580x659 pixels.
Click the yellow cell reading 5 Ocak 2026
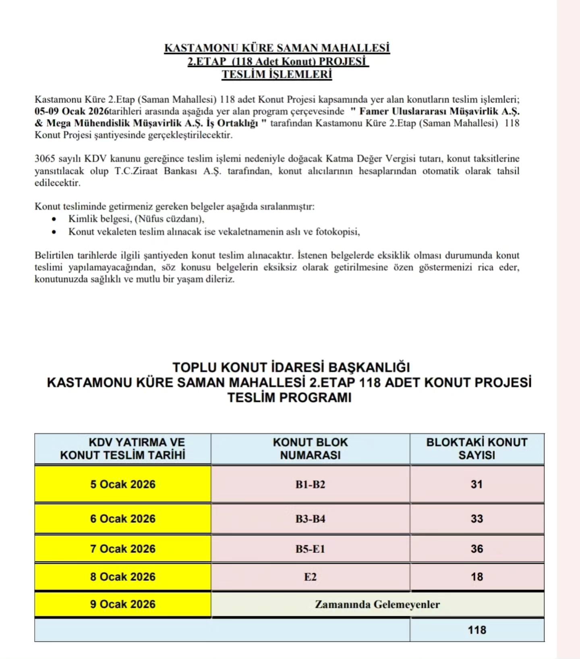point(122,484)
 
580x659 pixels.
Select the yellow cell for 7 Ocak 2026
point(122,549)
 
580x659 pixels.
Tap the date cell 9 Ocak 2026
point(122,604)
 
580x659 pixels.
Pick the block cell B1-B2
point(310,484)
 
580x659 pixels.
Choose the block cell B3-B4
point(310,519)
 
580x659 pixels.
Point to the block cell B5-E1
point(310,549)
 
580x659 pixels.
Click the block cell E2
point(310,577)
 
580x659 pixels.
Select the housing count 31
point(477,484)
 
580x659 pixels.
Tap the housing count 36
point(477,549)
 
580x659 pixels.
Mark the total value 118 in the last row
point(477,630)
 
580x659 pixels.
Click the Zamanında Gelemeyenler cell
point(377,604)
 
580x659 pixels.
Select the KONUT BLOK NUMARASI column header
point(310,449)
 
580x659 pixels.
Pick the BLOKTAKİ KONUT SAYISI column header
point(477,449)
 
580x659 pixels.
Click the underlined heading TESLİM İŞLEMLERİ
point(277,75)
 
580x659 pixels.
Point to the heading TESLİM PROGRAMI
point(289,398)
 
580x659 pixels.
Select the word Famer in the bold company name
point(374,111)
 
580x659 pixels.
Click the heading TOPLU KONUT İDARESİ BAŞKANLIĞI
point(291,367)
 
